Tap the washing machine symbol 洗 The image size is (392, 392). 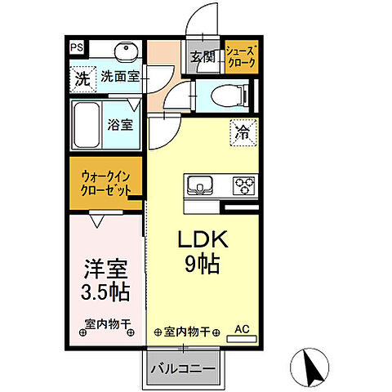tap(81, 79)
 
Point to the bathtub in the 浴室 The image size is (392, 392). tap(87, 123)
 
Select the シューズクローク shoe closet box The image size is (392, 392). tap(240, 56)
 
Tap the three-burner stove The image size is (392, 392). tap(243, 185)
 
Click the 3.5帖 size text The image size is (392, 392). tap(105, 292)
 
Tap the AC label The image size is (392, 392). tap(242, 329)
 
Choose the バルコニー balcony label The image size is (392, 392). tap(182, 368)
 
